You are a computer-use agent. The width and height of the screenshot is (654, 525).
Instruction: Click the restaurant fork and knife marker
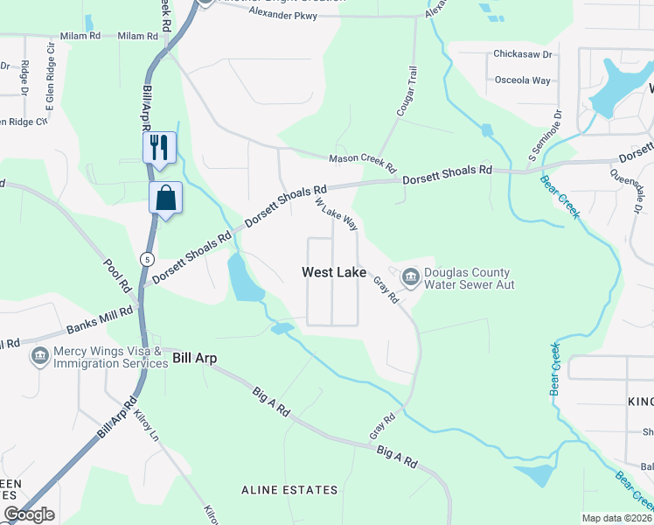point(159,146)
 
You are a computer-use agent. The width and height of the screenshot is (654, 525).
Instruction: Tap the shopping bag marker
point(165,198)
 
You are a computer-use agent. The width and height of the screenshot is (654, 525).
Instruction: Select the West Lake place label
point(334,272)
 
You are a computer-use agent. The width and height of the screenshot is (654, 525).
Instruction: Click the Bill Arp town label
point(194,358)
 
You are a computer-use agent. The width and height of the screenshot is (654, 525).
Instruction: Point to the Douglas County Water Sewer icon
point(410,277)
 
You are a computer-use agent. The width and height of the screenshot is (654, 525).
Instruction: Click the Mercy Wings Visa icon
point(38,356)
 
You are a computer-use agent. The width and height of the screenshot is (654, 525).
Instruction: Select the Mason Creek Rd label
point(363,161)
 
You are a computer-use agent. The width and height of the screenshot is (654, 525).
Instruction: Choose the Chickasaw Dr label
point(523,54)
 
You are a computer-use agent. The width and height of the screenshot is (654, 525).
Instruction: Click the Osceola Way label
point(524,80)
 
